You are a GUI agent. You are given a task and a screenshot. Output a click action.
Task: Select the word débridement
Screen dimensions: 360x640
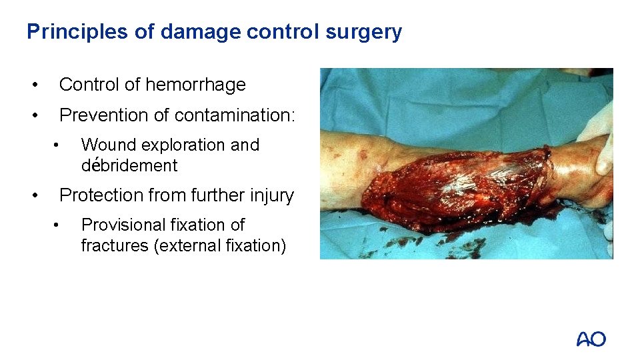click(129, 165)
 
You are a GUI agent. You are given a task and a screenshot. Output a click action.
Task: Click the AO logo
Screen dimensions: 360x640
click(591, 339)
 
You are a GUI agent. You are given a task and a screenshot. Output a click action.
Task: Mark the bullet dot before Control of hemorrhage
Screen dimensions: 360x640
click(33, 85)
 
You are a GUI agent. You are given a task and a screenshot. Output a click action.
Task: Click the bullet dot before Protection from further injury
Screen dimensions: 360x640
click(33, 195)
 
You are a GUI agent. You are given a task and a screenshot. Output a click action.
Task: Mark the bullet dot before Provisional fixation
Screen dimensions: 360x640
click(58, 225)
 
